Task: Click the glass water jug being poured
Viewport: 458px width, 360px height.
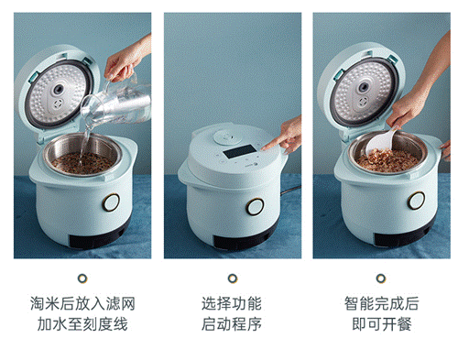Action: (116, 103)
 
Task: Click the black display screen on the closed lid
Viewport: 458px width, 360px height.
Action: (240, 151)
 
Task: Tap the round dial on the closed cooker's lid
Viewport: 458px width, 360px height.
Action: (227, 137)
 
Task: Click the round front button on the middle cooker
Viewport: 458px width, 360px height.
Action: (255, 206)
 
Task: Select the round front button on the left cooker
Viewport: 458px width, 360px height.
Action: (111, 202)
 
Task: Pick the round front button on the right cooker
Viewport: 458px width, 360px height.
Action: (416, 201)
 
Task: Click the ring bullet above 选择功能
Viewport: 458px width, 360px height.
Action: (233, 278)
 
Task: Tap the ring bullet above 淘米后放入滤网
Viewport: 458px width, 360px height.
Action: (82, 278)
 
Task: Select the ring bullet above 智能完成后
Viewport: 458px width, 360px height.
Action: (381, 278)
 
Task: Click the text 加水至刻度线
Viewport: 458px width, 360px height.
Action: (82, 324)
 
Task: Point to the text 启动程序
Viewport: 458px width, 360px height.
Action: (232, 324)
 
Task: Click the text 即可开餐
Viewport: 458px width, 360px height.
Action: (382, 324)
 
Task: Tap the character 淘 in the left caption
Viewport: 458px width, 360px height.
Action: (38, 303)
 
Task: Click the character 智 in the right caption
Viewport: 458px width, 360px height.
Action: (352, 303)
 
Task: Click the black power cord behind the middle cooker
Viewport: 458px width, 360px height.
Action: (290, 190)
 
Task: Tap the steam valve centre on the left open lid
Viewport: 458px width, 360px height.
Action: (59, 90)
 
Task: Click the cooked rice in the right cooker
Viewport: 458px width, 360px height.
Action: (387, 160)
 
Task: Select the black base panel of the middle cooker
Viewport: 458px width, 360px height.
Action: (241, 242)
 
